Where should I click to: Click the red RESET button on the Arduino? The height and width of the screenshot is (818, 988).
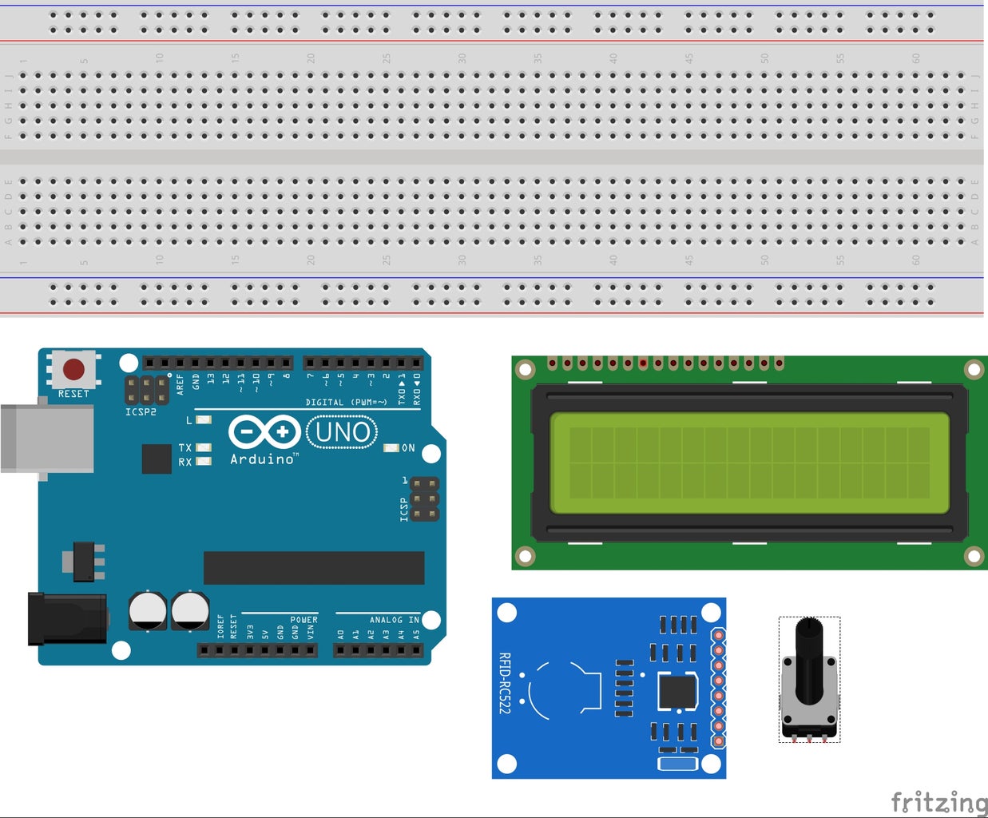73,369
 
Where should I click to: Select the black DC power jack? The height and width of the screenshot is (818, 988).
67,619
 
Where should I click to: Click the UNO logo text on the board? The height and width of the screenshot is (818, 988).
343,432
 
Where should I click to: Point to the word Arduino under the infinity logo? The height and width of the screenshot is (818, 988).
263,459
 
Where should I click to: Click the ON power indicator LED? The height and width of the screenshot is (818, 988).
391,448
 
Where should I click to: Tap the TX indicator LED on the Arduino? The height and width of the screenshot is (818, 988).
204,447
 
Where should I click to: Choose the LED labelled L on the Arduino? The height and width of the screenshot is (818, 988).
204,419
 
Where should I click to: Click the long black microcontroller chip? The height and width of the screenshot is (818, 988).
314,568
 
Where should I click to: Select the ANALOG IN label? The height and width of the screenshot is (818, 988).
394,620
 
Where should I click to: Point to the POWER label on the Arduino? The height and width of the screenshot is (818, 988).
304,620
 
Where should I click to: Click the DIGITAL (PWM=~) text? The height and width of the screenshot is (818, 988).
346,403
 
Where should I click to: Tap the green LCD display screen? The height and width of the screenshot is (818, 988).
749,463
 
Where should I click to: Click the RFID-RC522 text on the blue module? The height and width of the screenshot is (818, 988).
504,683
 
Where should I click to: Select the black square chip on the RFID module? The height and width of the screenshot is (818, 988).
677,691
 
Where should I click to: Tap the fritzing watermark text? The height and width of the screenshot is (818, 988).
938,801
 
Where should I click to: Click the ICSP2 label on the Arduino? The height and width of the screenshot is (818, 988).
141,412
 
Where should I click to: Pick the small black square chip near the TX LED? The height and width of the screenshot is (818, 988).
157,459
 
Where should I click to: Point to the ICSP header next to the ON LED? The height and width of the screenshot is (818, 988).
426,499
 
